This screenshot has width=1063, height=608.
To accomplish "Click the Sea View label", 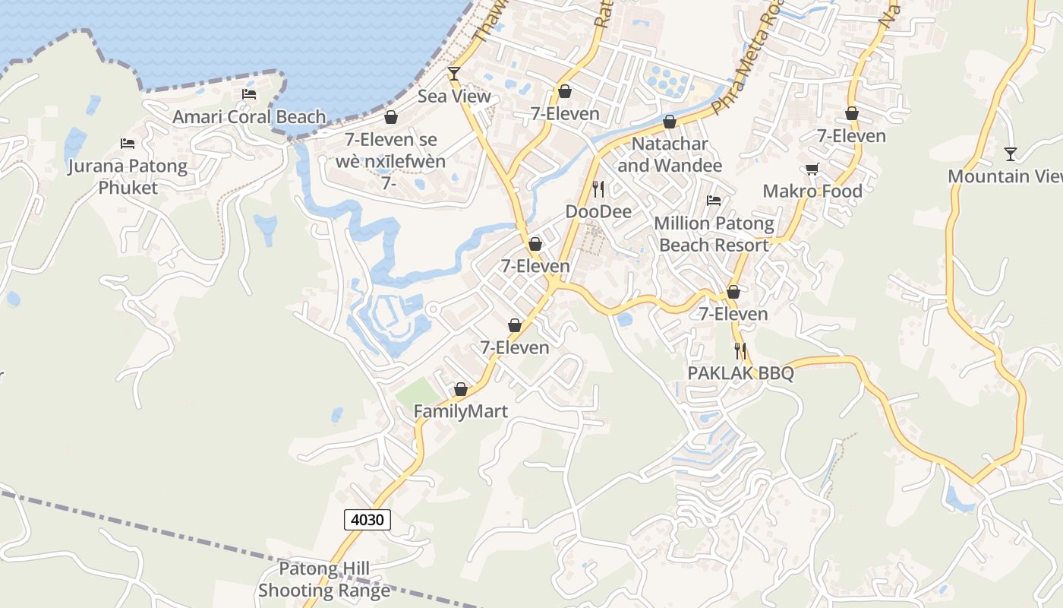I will pyautogui.click(x=454, y=97).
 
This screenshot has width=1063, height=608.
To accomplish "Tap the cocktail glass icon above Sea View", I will pyautogui.click(x=454, y=74).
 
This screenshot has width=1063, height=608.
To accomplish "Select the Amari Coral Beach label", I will pyautogui.click(x=249, y=117).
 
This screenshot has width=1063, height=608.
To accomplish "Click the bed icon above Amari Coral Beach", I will pyautogui.click(x=249, y=94).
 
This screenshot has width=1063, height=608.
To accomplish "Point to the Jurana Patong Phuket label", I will pyautogui.click(x=128, y=176).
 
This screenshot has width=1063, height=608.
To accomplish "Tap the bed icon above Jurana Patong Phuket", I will pyautogui.click(x=128, y=144).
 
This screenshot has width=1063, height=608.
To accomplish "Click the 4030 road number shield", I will pyautogui.click(x=367, y=520).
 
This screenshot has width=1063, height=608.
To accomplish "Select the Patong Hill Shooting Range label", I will pyautogui.click(x=324, y=579).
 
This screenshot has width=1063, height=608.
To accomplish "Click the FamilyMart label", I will pyautogui.click(x=460, y=411).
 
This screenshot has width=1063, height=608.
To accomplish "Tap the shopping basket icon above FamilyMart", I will pyautogui.click(x=460, y=389).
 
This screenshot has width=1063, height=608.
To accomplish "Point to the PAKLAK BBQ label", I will pyautogui.click(x=740, y=373).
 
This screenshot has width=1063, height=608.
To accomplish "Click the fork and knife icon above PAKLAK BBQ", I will pyautogui.click(x=740, y=351).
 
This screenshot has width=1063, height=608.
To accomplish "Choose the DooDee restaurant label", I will pyautogui.click(x=598, y=211).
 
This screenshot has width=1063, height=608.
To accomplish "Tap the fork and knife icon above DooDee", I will pyautogui.click(x=598, y=188).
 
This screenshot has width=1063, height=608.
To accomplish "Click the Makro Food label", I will pyautogui.click(x=812, y=191).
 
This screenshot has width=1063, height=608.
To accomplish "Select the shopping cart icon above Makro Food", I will pyautogui.click(x=812, y=169).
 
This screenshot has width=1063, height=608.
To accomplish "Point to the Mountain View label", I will pyautogui.click(x=1005, y=176).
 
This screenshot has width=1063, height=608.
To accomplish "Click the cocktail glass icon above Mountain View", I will pyautogui.click(x=1010, y=154).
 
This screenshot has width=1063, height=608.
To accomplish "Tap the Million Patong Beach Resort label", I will pyautogui.click(x=714, y=234).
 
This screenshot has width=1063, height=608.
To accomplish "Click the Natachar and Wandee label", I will pyautogui.click(x=670, y=154).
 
